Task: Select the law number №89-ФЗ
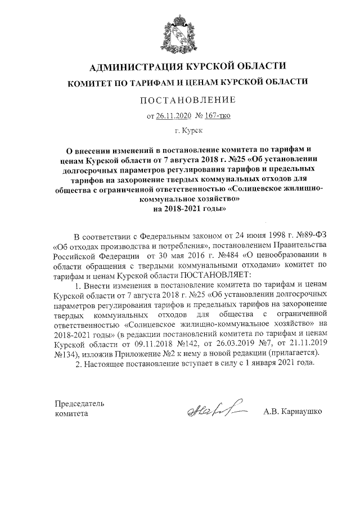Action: pos(309,235)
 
